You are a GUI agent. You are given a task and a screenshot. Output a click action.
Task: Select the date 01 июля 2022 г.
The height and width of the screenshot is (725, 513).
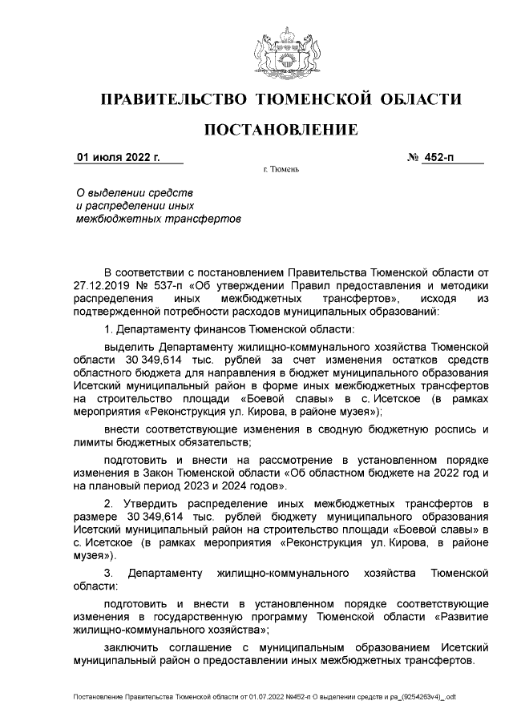pyautogui.click(x=118, y=158)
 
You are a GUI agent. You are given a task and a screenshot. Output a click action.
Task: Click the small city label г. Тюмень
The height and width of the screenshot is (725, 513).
pyautogui.click(x=281, y=171)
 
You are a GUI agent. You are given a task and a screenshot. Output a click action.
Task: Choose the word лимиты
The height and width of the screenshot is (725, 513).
pyautogui.click(x=92, y=442)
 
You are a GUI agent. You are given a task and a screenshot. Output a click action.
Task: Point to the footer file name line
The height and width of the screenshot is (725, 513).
pyautogui.click(x=265, y=696)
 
